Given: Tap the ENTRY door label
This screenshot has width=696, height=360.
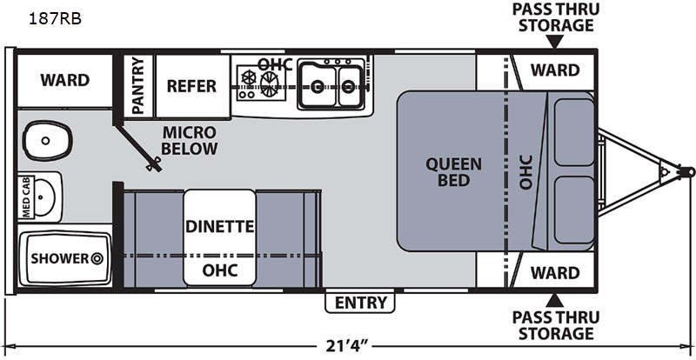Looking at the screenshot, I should [360, 302].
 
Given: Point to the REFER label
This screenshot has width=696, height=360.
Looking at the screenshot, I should [191, 85].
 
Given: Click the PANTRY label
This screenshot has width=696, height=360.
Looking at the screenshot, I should [137, 85].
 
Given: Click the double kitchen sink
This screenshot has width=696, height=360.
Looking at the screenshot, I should [330, 84].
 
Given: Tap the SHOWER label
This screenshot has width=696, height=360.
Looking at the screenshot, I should [60, 258].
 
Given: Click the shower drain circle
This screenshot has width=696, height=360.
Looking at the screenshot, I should [97, 258].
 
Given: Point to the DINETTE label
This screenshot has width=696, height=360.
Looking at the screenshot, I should [219, 227].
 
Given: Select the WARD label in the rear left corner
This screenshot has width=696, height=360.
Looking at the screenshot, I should [64, 80].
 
